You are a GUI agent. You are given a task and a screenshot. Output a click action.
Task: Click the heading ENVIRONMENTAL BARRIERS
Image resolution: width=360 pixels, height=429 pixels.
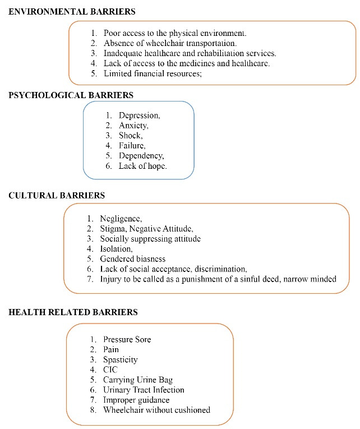(x=72, y=11)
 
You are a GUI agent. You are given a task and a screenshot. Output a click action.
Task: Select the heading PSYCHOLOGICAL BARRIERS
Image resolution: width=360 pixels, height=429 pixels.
(x=71, y=95)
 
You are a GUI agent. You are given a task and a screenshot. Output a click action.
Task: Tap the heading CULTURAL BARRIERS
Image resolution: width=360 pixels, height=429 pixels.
(x=57, y=196)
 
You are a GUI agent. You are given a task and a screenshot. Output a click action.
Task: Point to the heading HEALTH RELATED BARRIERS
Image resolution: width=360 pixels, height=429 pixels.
(x=73, y=312)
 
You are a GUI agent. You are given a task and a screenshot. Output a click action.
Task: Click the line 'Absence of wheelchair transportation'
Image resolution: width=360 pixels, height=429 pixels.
(x=170, y=43)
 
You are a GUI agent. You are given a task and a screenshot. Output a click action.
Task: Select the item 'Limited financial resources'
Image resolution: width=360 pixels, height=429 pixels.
(x=153, y=74)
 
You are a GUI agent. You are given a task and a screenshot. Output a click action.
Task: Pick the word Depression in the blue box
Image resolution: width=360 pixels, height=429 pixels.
(x=140, y=116)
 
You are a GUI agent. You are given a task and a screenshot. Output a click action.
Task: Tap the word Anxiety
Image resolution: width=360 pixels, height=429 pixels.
(x=133, y=126)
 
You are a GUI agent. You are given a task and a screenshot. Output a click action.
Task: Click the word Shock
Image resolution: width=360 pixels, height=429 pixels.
(x=131, y=136)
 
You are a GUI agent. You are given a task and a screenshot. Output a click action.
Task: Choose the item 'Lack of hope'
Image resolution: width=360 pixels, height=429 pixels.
(x=143, y=166)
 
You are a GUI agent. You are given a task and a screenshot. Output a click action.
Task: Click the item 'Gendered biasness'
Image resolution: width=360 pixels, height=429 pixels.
(x=133, y=259)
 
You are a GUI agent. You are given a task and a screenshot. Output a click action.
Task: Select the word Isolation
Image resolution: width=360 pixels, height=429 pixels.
(x=117, y=248)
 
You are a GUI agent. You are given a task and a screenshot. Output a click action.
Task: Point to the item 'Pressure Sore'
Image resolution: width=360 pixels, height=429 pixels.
(x=127, y=339)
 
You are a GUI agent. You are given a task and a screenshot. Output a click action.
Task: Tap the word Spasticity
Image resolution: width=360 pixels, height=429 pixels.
(x=121, y=359)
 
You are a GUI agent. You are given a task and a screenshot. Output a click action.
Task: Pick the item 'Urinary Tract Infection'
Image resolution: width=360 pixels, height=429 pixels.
(x=144, y=390)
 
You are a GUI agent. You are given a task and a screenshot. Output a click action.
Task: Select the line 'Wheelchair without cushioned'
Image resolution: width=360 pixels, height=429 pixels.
(x=157, y=410)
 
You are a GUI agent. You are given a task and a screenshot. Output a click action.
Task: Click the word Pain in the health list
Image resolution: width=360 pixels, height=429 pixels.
(x=111, y=349)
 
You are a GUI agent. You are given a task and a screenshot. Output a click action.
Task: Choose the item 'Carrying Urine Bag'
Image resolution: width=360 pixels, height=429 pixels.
(x=137, y=380)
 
